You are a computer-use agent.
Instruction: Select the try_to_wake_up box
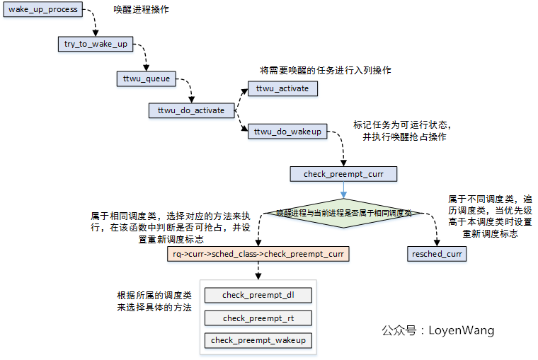(96, 44)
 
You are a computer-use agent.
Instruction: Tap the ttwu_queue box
(146, 79)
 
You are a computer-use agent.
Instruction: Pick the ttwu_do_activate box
(190, 110)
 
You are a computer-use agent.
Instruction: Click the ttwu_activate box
(282, 89)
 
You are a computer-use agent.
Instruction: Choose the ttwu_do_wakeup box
(287, 132)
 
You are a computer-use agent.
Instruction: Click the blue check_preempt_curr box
(343, 174)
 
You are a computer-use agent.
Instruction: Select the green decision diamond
(343, 212)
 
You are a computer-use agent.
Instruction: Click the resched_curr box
(437, 253)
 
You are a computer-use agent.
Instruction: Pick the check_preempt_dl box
(258, 295)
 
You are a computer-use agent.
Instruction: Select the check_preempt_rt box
(258, 318)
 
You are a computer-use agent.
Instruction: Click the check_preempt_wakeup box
(258, 341)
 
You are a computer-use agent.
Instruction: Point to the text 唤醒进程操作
(142, 12)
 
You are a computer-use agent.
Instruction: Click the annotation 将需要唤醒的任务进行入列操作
(325, 71)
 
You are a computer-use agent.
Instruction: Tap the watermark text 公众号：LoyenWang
(437, 330)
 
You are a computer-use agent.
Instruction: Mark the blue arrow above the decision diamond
(343, 190)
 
